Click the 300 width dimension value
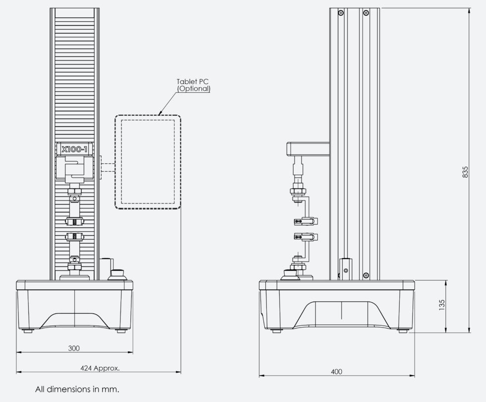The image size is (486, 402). pos(74,348)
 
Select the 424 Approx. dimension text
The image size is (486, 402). pos(100,368)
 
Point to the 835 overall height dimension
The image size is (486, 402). pos(465,171)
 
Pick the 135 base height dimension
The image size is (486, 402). pos(442,305)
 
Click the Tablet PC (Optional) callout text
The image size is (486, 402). pos(194,85)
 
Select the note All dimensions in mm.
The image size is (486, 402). pos(77,390)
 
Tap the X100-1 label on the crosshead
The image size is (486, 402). pos(75,148)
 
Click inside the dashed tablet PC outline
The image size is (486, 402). pos(148,161)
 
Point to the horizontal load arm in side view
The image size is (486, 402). pos(308,148)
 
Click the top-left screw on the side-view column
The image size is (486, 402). pos(341,12)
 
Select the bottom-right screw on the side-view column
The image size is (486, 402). pos(366,275)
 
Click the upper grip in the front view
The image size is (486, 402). pos(74,221)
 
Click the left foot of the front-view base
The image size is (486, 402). pos(28,331)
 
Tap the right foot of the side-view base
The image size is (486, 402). pos(403,331)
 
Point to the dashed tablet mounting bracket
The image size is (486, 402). pos(107,167)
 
